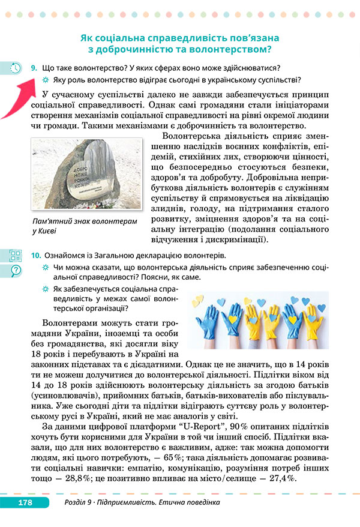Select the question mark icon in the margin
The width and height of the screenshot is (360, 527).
[x=16, y=271]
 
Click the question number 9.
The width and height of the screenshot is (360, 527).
[x=34, y=68]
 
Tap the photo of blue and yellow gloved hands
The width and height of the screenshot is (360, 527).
[x=257, y=319]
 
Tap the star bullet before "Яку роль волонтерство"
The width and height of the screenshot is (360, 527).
[x=45, y=80]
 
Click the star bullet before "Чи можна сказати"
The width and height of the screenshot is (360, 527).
[x=45, y=267]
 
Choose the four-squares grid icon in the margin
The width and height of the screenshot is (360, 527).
[x=16, y=255]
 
